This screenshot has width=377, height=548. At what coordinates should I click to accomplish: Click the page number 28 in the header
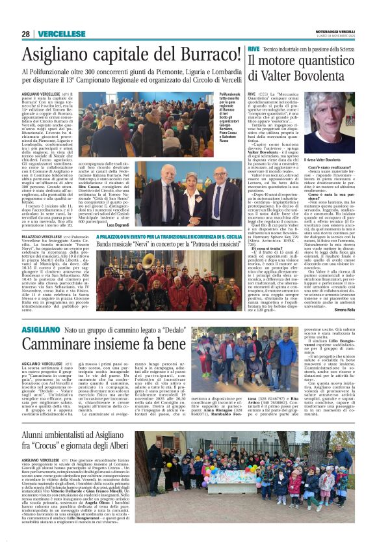coord(25,34)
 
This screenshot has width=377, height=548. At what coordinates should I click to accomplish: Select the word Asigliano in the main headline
coord(53,55)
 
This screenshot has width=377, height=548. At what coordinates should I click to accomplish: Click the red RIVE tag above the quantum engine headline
coord(254,49)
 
